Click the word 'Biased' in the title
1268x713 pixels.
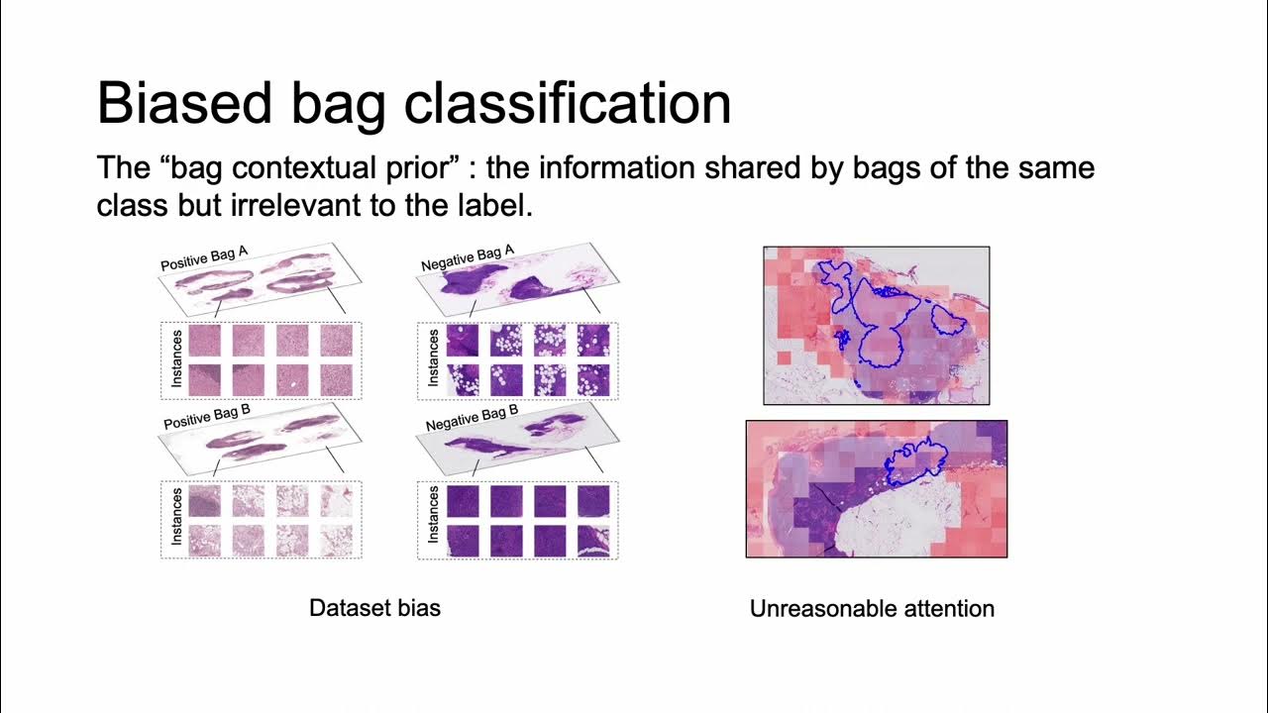tap(183, 104)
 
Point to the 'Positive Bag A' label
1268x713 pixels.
tap(204, 259)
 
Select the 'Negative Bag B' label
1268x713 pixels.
tap(472, 418)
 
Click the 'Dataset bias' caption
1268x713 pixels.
tap(374, 608)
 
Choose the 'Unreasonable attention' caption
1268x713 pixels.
tap(872, 609)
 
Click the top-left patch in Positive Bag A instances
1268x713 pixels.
tap(204, 341)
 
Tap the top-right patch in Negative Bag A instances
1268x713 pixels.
tap(593, 341)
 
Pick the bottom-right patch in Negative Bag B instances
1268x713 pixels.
tap(593, 541)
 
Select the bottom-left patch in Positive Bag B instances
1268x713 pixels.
tap(204, 541)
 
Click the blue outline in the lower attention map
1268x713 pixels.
tap(916, 451)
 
